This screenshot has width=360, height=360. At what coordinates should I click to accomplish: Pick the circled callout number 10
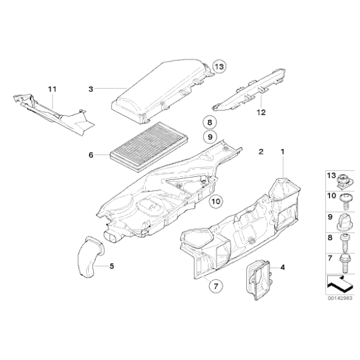(215, 200)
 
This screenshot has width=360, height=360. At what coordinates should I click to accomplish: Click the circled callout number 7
(215, 286)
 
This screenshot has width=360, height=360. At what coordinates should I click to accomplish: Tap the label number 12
(261, 112)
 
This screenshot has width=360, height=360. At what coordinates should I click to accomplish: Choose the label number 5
(112, 267)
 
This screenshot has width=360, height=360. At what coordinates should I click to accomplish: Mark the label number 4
(282, 268)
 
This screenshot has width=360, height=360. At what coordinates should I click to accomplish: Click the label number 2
(261, 151)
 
